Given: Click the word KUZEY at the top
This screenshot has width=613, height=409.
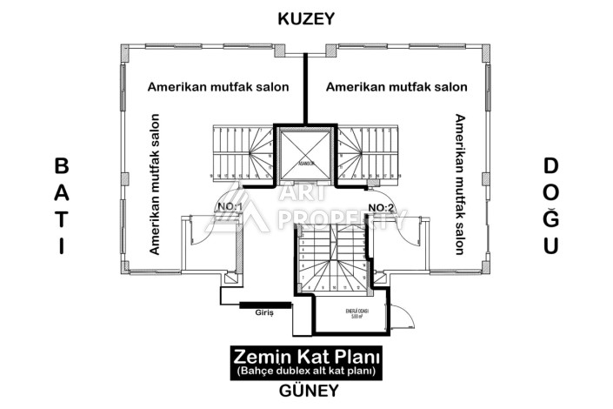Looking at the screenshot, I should [306, 18].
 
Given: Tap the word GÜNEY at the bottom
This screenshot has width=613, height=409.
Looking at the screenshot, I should [308, 391].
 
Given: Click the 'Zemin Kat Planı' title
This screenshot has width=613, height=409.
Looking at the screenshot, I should [307, 357].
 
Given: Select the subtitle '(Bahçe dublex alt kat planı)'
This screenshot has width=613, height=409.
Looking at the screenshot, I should [307, 372].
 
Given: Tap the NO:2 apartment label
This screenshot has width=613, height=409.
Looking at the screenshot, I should [382, 207].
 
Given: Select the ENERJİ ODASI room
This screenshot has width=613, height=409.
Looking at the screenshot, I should [348, 315].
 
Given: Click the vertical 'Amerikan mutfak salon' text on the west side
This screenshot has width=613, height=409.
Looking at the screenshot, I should [155, 184].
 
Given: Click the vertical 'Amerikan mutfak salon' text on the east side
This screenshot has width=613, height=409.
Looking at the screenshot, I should [458, 184].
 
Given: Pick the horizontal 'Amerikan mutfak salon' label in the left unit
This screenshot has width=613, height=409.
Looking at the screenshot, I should [218, 87].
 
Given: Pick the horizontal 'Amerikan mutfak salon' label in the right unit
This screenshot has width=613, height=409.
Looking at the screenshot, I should [396, 87].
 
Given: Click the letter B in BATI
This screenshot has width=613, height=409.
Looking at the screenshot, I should [61, 165].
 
